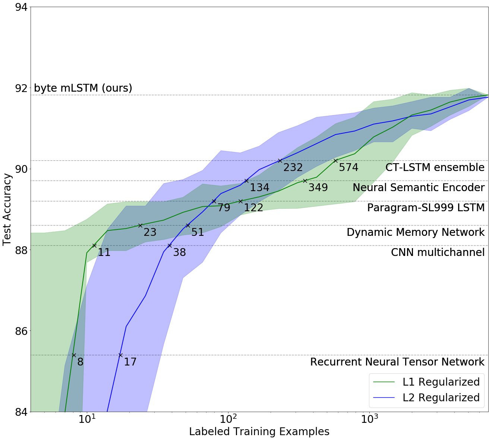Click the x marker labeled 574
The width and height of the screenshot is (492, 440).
335,161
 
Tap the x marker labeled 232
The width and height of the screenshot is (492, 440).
280,161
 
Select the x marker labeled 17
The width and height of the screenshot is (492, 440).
120,355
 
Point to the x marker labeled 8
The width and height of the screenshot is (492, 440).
74,355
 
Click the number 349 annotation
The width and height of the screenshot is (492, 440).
318,187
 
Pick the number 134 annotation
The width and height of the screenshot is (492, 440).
259,187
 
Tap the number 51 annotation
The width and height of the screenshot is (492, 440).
198,232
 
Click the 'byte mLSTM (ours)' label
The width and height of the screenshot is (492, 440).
83,88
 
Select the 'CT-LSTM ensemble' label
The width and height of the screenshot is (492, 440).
435,167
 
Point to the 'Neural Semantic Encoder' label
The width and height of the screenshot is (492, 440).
419,187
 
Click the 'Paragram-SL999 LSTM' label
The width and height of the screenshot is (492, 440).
426,208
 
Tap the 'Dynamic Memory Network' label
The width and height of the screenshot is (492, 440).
416,232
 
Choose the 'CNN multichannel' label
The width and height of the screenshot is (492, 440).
438,252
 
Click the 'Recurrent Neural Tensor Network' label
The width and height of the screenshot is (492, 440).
397,362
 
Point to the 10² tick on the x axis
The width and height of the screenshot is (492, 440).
228,420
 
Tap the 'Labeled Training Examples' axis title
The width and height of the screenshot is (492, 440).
259,432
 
